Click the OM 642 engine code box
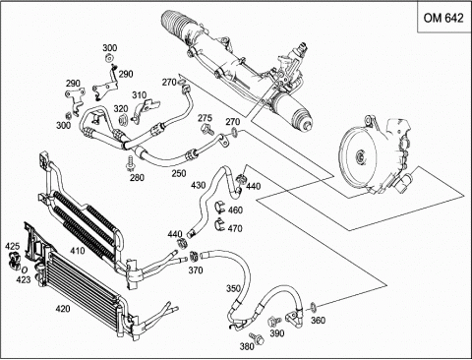444,17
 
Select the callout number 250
179,173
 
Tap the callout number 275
206,118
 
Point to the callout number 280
137,177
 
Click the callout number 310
140,95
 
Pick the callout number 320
121,109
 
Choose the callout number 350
233,288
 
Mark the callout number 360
318,320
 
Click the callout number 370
196,270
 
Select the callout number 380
247,346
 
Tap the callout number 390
277,333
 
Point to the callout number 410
78,251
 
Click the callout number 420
63,309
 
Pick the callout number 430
199,185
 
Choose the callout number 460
235,210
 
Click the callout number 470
235,228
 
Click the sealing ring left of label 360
314,307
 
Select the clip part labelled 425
14,259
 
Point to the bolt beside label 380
257,338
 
